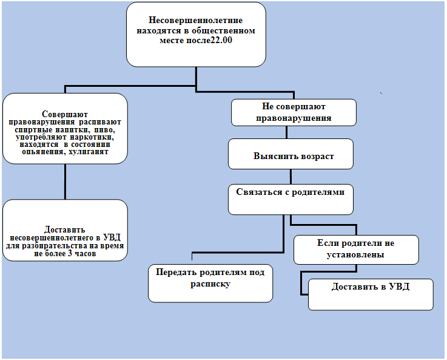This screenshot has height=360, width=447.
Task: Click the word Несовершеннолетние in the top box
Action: [195, 20]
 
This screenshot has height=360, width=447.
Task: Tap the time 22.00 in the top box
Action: [221, 40]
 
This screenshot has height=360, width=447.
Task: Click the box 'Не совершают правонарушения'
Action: [294, 112]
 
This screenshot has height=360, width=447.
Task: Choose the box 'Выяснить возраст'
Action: [291, 154]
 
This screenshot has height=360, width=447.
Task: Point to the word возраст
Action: [315, 156]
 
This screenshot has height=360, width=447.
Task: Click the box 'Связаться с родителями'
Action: [291, 199]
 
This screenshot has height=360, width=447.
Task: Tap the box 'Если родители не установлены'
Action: [356, 250]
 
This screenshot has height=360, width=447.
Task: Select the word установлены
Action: [355, 255]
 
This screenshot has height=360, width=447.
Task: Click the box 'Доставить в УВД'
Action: [371, 294]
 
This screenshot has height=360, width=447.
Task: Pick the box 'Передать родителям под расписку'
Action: [210, 284]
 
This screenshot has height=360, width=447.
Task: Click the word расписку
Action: [210, 284]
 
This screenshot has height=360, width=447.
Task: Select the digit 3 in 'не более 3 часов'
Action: [70, 253]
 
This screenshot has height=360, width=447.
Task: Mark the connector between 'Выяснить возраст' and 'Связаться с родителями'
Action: [291, 177]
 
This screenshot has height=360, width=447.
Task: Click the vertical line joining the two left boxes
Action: [65, 182]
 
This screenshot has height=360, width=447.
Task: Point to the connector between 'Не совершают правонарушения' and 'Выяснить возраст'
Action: [286, 132]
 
